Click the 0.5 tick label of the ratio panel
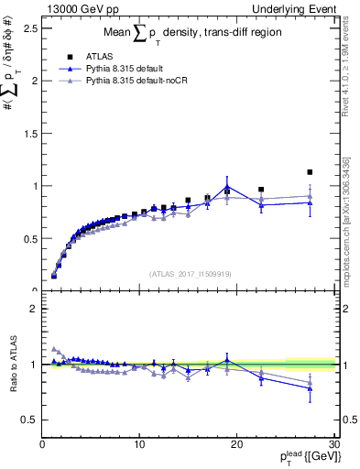[x=28, y=420]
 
